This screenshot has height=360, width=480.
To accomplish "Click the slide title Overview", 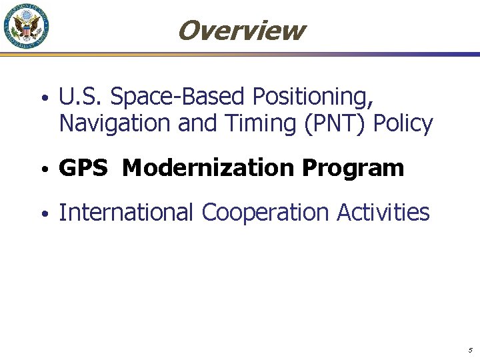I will coord(241,30).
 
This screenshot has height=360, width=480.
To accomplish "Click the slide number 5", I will coord(470,350).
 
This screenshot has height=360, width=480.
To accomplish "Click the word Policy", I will coord(405,123).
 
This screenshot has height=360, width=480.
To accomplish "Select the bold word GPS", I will coord(83,168).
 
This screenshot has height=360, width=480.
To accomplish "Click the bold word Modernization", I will coord(209,168).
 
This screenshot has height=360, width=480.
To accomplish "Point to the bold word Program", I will coord(353,168).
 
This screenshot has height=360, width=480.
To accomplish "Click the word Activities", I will coord(383,213).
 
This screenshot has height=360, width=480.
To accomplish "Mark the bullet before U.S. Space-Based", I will coord(43,99).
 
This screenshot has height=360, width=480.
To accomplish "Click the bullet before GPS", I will coord(43,169).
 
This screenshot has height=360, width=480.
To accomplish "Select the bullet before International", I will coord(43,214).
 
